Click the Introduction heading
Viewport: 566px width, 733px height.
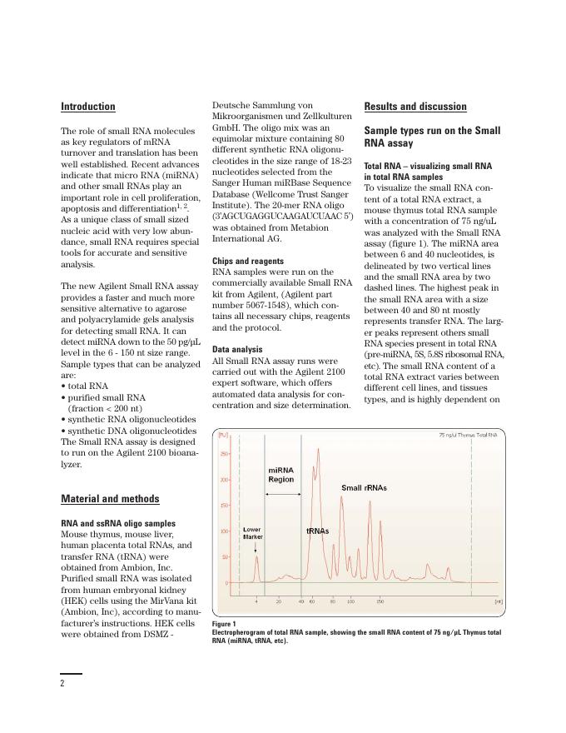tap(88, 107)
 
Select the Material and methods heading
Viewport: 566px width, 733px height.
tap(110, 499)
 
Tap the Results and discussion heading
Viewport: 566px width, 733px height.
tap(415, 107)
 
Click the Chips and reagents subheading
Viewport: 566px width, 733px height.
tap(248, 261)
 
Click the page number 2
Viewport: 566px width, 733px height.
tap(62, 683)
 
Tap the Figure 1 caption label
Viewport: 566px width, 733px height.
tap(224, 624)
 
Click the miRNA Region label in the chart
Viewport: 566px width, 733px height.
tap(281, 475)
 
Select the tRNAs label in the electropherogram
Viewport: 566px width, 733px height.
tap(317, 531)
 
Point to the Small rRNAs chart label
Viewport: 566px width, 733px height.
tap(364, 487)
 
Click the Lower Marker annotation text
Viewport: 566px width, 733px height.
tap(252, 533)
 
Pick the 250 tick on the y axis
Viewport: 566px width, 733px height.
tap(224, 454)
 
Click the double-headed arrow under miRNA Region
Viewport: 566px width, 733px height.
tap(283, 495)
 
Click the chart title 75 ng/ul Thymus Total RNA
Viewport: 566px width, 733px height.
tap(468, 435)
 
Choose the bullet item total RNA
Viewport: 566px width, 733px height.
tap(87, 386)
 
